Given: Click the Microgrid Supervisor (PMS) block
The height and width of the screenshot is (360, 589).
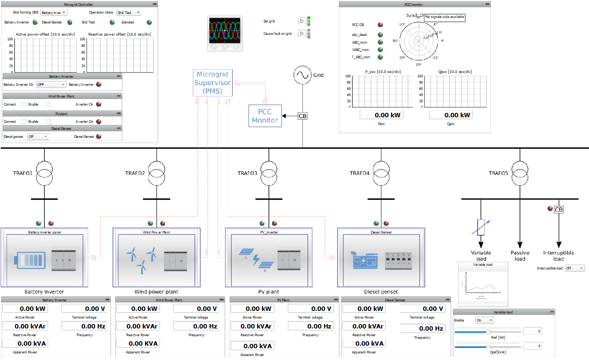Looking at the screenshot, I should click(x=213, y=83).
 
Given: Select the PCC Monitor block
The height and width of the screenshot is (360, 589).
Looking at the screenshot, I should click(x=265, y=116).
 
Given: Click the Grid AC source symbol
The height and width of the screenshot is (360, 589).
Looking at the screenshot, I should click(x=303, y=75).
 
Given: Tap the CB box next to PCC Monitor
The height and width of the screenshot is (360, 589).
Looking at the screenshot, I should click(x=302, y=116).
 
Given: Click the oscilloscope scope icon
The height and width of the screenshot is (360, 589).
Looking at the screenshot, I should click(x=225, y=33).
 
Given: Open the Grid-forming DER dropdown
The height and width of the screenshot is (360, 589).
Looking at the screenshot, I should click(x=54, y=12).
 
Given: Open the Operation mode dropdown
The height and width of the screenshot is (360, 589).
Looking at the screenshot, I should click(x=129, y=12).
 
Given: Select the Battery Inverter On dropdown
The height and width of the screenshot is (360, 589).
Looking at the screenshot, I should click(x=51, y=84).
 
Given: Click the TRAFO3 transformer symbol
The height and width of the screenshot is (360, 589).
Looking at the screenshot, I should click(x=269, y=173).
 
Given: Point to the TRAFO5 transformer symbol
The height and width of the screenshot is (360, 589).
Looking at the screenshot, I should click(x=520, y=173).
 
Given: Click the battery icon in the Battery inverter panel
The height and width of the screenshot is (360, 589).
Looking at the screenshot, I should click(x=30, y=260).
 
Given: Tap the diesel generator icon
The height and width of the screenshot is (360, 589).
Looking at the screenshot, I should click(x=365, y=260).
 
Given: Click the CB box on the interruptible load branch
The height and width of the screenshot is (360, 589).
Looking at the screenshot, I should click(x=559, y=209).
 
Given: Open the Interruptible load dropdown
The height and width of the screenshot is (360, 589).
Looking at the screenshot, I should click(x=574, y=268).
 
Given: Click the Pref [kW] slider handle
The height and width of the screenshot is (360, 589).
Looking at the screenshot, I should click(x=488, y=332).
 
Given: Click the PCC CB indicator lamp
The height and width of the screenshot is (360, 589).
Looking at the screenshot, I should click(x=380, y=25).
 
